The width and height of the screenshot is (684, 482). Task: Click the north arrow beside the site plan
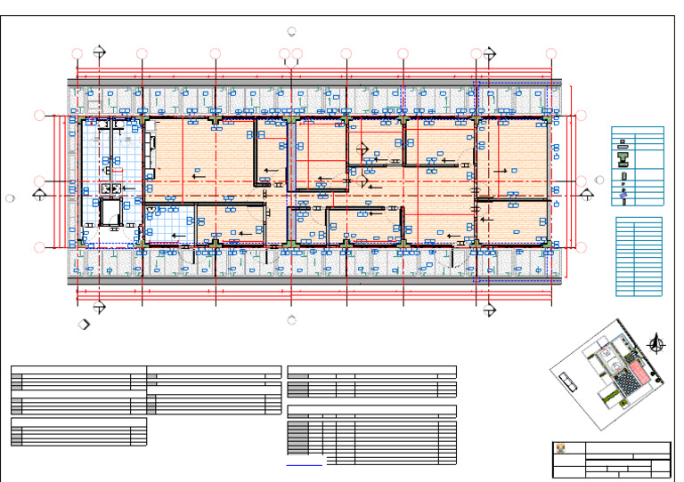click(x=658, y=341)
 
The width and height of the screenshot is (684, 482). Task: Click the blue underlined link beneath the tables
click(x=305, y=464)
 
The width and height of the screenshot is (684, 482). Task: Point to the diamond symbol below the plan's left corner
click(x=84, y=325)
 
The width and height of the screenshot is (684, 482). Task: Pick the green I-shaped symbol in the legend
click(x=623, y=160)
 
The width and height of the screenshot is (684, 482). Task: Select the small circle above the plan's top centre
click(x=292, y=30)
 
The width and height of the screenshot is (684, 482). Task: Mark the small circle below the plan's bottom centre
click(x=292, y=321)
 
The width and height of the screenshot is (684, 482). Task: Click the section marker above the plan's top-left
click(x=99, y=52)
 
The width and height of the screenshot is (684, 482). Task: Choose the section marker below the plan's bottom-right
click(x=488, y=309)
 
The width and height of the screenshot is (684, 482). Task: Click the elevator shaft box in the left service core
click(x=112, y=213)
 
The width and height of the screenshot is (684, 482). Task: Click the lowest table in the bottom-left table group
click(x=78, y=432)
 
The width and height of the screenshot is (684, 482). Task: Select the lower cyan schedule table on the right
click(x=639, y=257)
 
